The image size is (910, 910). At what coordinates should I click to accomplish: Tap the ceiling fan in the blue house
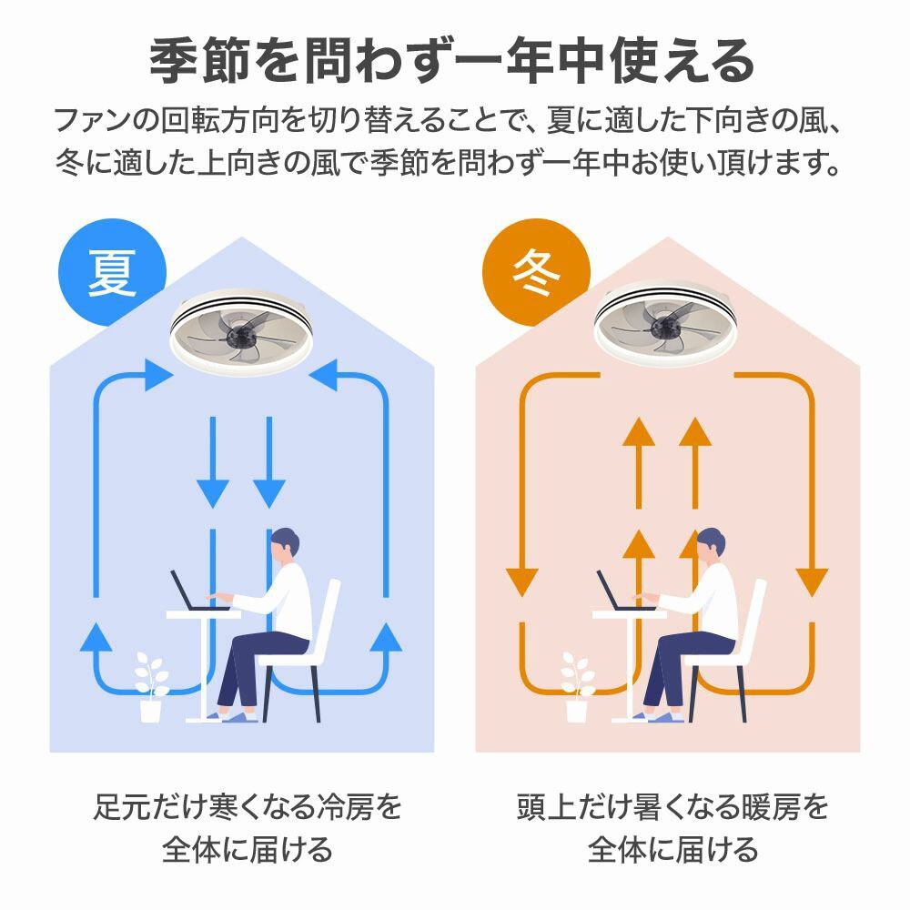tap(241, 329)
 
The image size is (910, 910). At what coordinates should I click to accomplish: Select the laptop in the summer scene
tap(197, 590)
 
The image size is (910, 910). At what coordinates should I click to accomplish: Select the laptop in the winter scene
tap(624, 590)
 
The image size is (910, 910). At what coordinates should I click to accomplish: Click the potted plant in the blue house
tap(151, 687)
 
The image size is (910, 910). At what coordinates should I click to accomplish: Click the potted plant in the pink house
tap(577, 687)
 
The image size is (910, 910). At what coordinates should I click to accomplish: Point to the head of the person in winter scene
tap(711, 545)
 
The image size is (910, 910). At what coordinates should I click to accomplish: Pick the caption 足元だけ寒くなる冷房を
tap(248, 806)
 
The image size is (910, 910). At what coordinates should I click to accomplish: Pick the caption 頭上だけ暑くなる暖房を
tap(672, 806)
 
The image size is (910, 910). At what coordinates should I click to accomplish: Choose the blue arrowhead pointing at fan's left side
tap(158, 375)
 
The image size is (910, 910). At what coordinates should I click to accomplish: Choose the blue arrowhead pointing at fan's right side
tap(324, 375)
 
